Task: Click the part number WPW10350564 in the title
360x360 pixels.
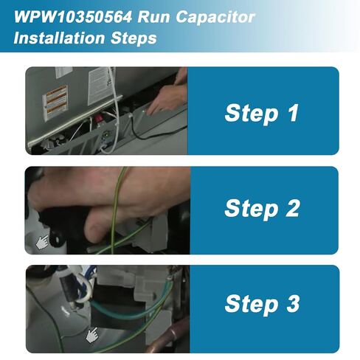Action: click(x=73, y=17)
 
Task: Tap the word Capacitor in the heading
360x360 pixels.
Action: click(x=215, y=17)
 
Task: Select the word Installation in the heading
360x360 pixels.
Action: click(x=59, y=38)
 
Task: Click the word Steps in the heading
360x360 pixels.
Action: click(x=134, y=38)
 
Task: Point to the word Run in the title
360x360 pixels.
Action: click(x=153, y=17)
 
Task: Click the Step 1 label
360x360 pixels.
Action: click(x=261, y=113)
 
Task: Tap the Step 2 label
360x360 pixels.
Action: click(x=262, y=209)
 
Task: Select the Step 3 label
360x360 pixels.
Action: click(x=262, y=304)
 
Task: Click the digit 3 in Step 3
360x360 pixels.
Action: click(x=293, y=303)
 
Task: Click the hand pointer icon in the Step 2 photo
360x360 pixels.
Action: click(x=42, y=242)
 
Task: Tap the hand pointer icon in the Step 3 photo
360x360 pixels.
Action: click(x=91, y=336)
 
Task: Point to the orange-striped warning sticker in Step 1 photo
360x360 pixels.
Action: click(x=55, y=103)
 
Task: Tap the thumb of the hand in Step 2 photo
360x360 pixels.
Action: click(x=98, y=227)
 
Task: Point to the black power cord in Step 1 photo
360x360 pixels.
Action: click(x=157, y=131)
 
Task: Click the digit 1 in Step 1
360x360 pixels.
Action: click(x=293, y=112)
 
